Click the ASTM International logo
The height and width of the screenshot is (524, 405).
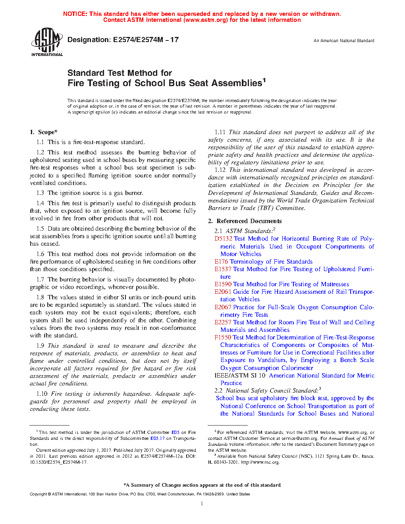[47, 42]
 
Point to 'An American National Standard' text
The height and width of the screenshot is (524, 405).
[343, 40]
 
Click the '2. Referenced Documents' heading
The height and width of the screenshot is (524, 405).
[245, 221]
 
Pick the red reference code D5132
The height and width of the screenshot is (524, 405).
[223, 239]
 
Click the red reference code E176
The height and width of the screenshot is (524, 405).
[221, 262]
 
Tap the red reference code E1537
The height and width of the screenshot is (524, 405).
[223, 269]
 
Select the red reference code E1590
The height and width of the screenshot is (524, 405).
[223, 284]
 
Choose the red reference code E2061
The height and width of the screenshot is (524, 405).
[223, 292]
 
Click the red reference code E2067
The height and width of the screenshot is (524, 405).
[223, 307]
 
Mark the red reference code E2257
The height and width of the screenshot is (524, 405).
[223, 322]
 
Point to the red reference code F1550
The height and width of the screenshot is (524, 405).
[223, 337]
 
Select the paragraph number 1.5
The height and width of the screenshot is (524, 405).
[40, 229]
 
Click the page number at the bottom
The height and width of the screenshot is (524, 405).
[202, 504]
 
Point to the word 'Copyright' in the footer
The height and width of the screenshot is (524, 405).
[39, 494]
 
